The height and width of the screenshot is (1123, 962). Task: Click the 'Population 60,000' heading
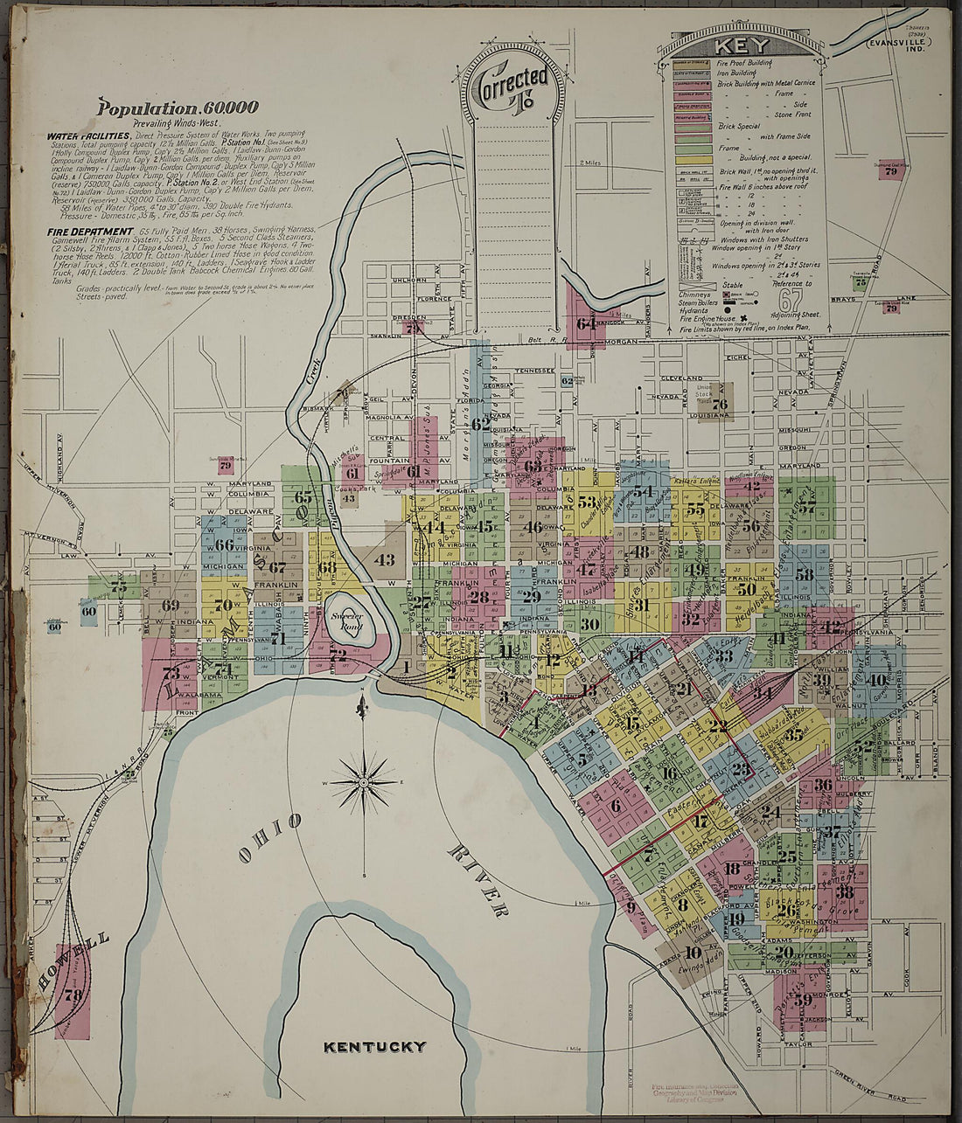click(x=178, y=108)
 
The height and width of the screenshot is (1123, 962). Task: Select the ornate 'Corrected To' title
click(x=513, y=87)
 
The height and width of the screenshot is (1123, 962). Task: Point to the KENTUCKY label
click(x=374, y=1046)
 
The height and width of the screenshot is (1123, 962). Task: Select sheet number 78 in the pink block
click(x=73, y=995)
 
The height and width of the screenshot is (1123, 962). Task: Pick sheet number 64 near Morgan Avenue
click(x=586, y=323)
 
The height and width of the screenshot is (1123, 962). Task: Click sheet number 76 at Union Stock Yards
click(x=719, y=403)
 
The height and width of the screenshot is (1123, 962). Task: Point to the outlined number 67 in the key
click(x=791, y=299)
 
